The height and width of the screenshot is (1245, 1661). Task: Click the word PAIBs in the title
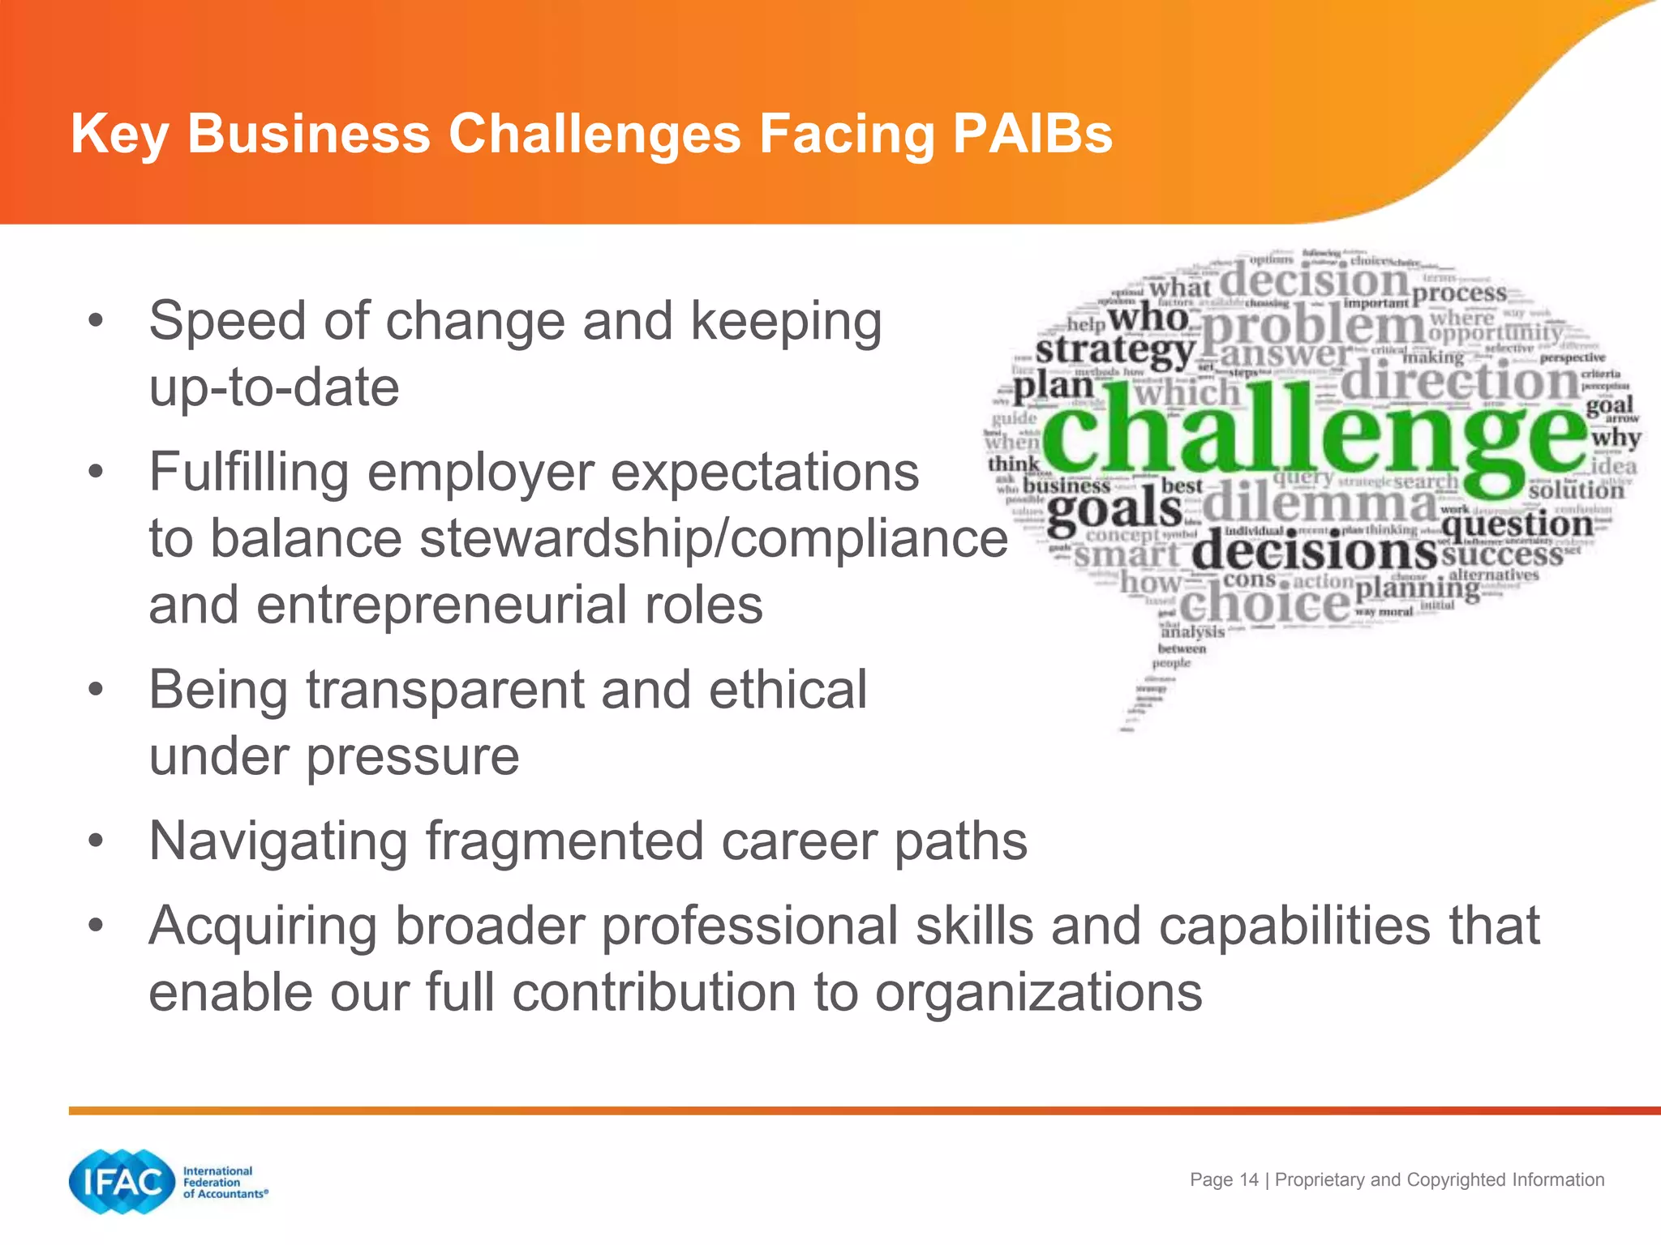pos(1032,133)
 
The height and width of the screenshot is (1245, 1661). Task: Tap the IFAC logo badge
pos(122,1182)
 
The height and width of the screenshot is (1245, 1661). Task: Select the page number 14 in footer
pos(1249,1179)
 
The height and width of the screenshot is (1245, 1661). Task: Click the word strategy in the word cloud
pos(1114,350)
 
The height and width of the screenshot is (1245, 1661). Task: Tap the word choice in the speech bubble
pos(1264,605)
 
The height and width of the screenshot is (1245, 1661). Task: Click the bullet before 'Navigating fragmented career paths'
pos(97,841)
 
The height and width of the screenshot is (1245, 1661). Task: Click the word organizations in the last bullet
pos(1038,992)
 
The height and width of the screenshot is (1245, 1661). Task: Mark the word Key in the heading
pos(119,133)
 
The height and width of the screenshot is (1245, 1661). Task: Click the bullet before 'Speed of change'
pos(97,321)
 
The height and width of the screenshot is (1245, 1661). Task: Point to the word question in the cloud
pos(1517,525)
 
